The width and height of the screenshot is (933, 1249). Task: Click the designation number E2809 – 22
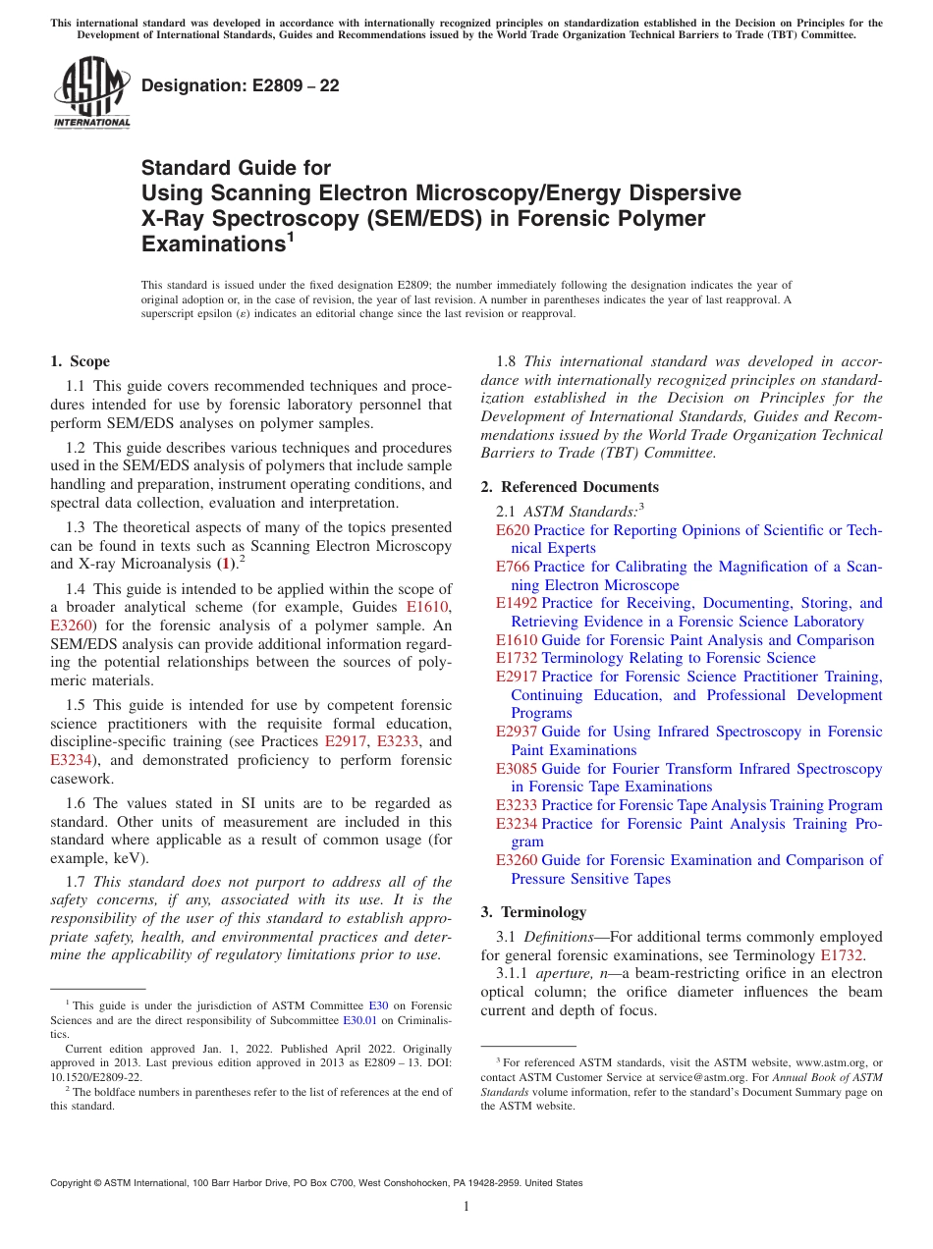click(241, 85)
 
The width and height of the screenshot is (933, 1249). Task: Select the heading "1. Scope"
click(81, 361)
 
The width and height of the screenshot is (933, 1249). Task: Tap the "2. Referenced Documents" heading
click(570, 487)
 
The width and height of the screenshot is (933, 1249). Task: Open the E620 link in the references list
click(513, 530)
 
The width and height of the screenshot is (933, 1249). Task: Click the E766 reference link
click(513, 567)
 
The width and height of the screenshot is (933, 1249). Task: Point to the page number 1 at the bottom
click(466, 1207)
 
